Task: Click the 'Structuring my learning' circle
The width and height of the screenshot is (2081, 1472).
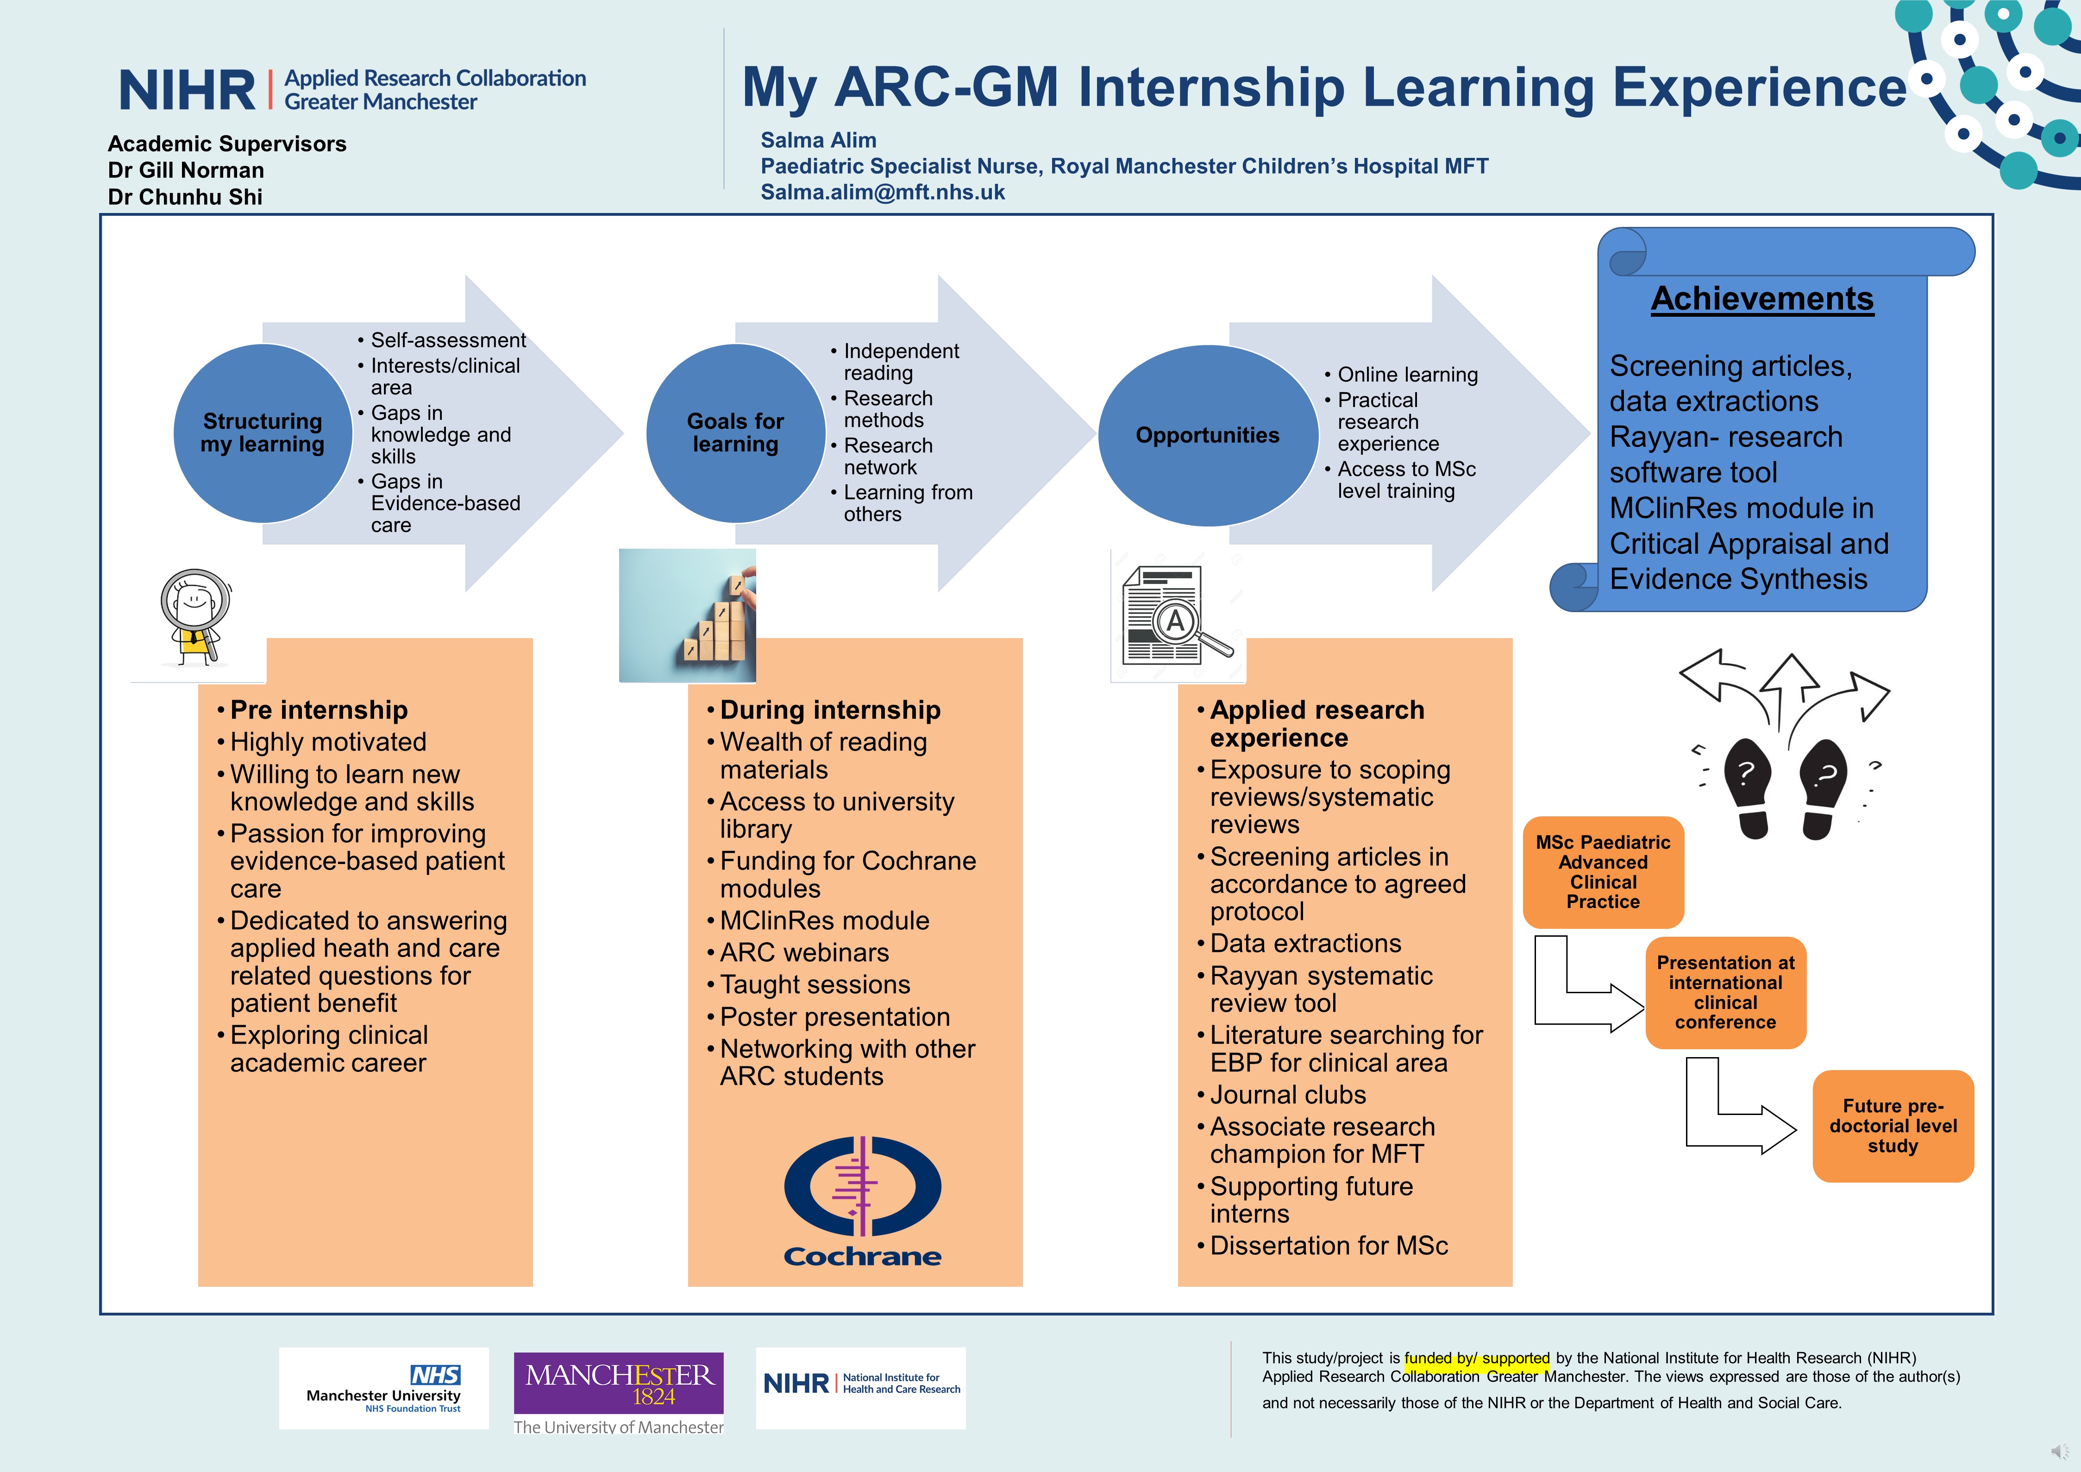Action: (x=263, y=433)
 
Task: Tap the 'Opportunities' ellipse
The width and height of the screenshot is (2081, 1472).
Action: (x=1208, y=435)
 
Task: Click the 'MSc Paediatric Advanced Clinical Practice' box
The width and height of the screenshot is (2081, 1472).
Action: (x=1603, y=872)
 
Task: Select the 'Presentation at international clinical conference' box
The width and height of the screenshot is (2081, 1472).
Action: (x=1726, y=992)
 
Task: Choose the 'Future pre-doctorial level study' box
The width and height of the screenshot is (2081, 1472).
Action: (x=1893, y=1126)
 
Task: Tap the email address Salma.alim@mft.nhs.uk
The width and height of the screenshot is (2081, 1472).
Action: (x=883, y=192)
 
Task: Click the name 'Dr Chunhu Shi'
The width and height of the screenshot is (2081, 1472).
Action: (x=185, y=197)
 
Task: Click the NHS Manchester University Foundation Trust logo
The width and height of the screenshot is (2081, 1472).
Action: (x=383, y=1388)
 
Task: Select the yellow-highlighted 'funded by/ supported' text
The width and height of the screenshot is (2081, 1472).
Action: (x=1477, y=1358)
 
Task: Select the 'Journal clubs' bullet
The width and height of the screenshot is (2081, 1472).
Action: (x=1288, y=1095)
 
